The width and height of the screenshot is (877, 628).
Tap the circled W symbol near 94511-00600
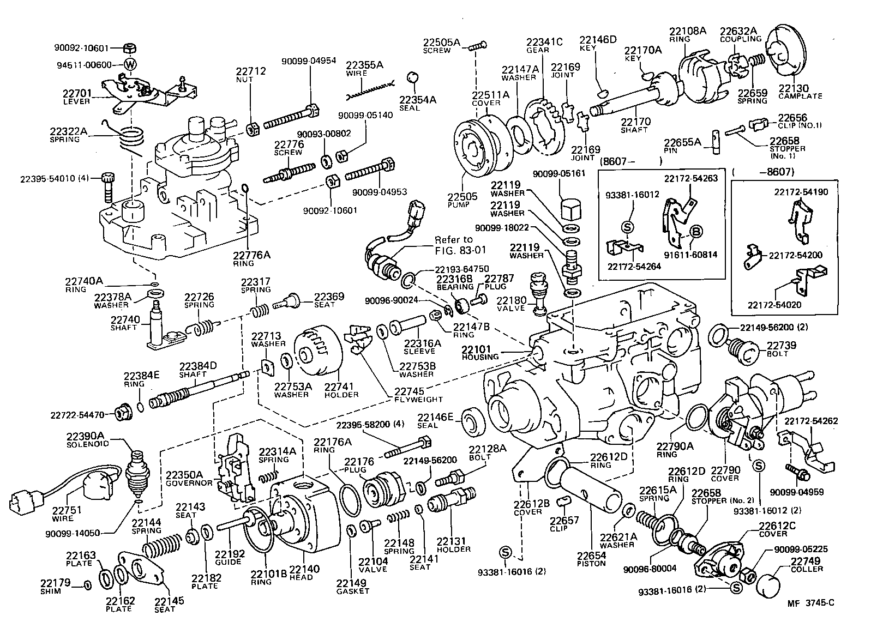(x=130, y=64)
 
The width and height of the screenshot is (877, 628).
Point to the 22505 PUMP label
(x=462, y=200)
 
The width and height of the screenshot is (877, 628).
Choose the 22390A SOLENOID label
(x=87, y=439)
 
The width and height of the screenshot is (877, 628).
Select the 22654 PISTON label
(x=591, y=559)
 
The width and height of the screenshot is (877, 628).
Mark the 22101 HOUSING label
(x=480, y=353)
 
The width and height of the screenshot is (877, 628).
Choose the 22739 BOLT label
(x=781, y=349)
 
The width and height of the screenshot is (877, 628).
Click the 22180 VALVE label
(x=511, y=304)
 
